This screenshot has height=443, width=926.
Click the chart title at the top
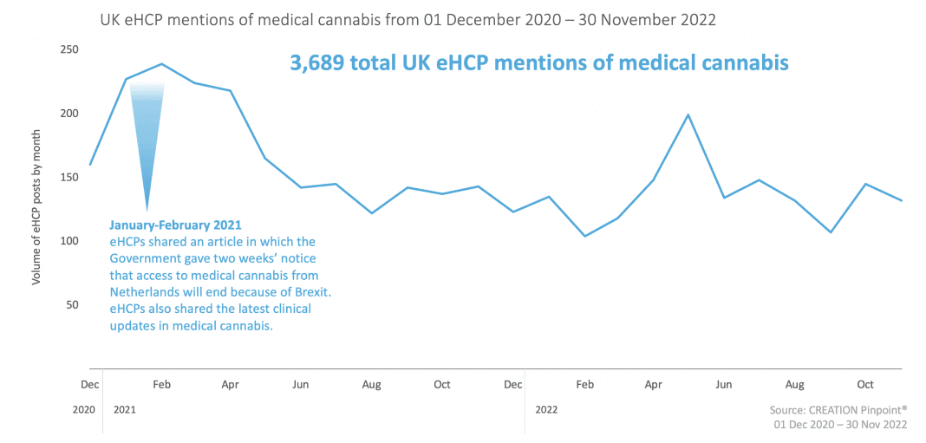[x=408, y=19]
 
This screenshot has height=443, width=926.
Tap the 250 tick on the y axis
[x=69, y=49]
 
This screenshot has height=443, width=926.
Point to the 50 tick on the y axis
[x=73, y=304]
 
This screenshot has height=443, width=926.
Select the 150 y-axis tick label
[x=69, y=178]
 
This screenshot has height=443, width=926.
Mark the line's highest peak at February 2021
[x=161, y=64]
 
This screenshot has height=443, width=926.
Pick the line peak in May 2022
[x=688, y=114]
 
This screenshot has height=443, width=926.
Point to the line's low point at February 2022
[x=585, y=236]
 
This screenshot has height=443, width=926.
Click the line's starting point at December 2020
[x=90, y=165]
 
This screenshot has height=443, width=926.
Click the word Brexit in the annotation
[x=310, y=293]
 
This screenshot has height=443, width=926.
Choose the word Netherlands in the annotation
[x=147, y=293]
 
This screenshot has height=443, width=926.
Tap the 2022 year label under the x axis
[x=547, y=407]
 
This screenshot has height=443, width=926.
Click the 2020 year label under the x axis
[x=84, y=407]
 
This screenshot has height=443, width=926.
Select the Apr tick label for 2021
[x=230, y=384]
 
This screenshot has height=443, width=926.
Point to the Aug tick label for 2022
[x=794, y=384]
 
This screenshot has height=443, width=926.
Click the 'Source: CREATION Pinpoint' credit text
[x=838, y=410]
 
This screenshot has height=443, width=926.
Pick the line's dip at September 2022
[x=830, y=231]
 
